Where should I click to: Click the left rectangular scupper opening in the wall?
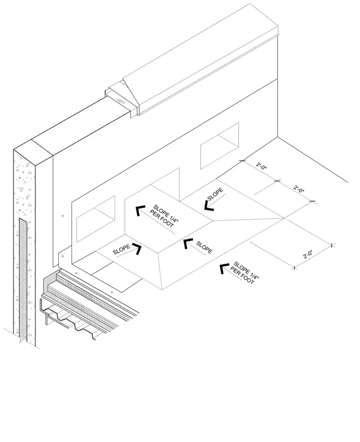tap(95, 219)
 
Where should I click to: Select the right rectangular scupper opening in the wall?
tap(220, 146)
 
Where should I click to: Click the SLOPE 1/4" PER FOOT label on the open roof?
tap(245, 273)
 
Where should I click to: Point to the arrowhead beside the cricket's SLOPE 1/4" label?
tap(140, 211)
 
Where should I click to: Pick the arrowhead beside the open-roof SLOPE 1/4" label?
tap(224, 269)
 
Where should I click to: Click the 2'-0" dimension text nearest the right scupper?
tap(261, 166)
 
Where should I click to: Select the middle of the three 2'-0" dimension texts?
tap(299, 188)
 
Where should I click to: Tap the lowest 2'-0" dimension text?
tap(308, 254)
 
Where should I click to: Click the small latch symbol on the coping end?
tap(122, 101)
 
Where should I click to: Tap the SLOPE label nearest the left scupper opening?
tap(122, 249)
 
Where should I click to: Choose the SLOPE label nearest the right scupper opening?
tap(215, 194)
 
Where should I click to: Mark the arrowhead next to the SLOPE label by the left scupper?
tap(137, 249)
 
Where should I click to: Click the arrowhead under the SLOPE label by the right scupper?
tap(209, 206)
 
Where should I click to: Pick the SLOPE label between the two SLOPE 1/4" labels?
tap(204, 247)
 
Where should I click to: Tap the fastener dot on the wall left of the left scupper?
tap(63, 216)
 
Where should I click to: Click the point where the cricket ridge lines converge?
tap(284, 218)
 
